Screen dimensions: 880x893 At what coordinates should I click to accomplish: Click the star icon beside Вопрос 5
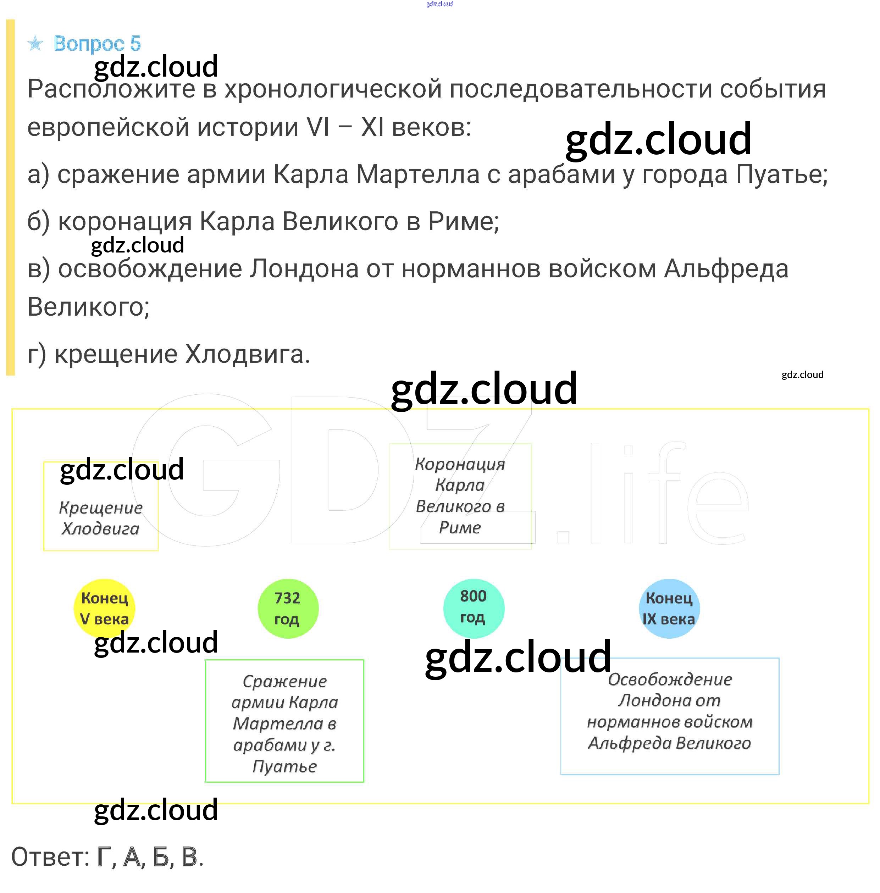point(35,44)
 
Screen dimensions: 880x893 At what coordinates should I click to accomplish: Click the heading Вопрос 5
point(97,44)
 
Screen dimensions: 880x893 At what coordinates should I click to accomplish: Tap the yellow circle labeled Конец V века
point(104,608)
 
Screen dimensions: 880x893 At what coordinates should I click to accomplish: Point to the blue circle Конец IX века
point(669,608)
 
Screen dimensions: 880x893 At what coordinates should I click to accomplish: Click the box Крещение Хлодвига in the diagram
point(101,506)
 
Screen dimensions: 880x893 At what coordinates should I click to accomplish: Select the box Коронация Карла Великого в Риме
point(460,495)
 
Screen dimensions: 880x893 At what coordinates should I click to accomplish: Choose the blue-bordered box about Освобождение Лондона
point(669,716)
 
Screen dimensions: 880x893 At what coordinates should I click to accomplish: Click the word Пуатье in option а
point(781,175)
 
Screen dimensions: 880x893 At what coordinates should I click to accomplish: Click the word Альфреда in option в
point(726,269)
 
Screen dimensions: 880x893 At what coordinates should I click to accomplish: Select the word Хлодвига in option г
point(247,355)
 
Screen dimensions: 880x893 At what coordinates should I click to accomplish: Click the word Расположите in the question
point(111,89)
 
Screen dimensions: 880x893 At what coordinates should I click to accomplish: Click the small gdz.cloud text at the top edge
point(439,4)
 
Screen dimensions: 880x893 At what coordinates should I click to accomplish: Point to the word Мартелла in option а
point(418,175)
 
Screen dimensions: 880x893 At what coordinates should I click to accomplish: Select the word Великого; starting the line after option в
point(88,306)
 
